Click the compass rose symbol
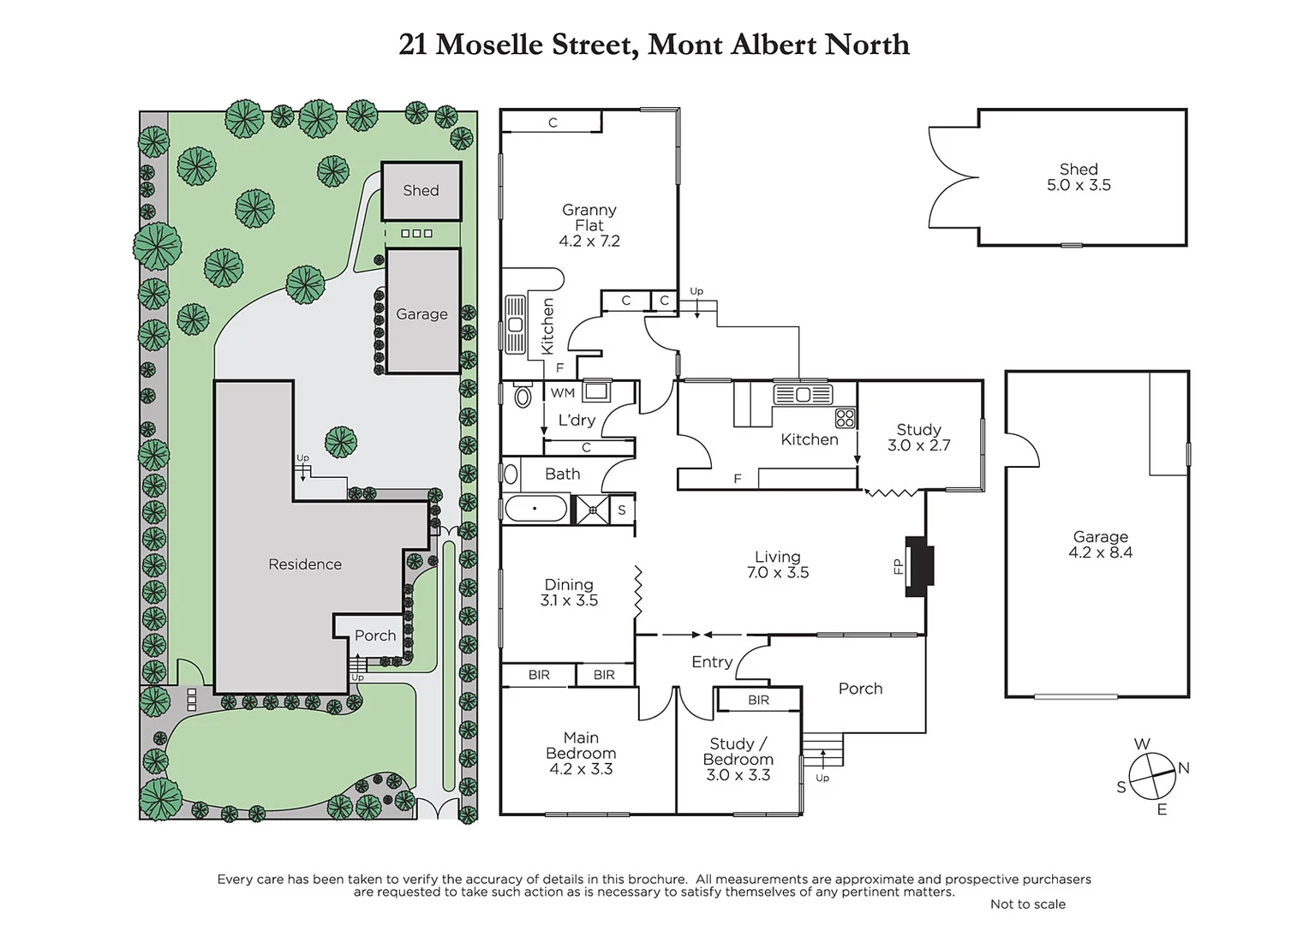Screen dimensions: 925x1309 1151,776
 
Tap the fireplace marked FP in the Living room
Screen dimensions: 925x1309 920,566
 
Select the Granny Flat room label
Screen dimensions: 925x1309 589,225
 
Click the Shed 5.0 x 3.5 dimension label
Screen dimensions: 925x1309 1078,177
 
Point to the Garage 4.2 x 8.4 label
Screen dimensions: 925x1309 1100,545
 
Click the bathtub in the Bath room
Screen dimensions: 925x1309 536,510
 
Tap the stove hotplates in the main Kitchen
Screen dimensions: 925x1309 845,418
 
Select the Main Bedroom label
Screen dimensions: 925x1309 581,753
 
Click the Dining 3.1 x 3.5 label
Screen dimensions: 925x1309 569,593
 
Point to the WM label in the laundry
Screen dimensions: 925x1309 563,393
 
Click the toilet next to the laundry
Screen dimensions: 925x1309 522,397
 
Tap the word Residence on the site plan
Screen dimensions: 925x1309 304,564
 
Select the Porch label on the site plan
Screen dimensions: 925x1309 375,636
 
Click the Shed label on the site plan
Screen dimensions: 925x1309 421,191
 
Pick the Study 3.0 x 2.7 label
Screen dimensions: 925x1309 918,437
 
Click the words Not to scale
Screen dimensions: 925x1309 1027,904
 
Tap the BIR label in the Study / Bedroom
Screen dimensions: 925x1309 758,700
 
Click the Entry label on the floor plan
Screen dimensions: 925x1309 712,661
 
